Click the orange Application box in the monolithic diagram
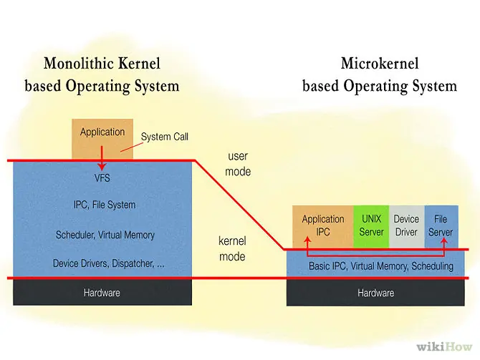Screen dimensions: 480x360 102,139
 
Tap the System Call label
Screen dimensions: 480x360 164,137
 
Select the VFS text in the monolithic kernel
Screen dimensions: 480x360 102,177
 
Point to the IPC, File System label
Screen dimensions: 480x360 105,205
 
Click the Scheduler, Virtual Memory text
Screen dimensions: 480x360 105,235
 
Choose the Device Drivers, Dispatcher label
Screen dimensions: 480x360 108,263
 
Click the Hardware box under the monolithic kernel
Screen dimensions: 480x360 102,293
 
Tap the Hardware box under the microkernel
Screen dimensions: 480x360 375,293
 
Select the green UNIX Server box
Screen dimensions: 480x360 371,227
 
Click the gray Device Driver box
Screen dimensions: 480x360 406,227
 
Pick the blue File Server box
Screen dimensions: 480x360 441,227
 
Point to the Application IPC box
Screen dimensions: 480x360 323,227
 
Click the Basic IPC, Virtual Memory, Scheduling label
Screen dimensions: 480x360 381,266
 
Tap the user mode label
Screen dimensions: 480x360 238,164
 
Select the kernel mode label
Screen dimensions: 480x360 232,248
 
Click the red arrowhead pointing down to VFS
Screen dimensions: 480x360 102,166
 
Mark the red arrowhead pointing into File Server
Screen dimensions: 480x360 444,240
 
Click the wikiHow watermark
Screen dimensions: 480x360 444,347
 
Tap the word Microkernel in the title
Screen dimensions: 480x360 380,64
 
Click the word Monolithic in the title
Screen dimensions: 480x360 79,64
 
